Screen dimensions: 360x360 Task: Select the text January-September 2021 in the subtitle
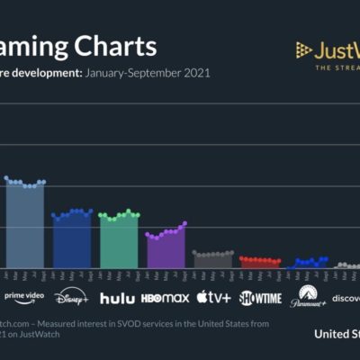pos(148,72)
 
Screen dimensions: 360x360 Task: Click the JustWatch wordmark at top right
pos(338,49)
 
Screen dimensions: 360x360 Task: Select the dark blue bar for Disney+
pos(72,241)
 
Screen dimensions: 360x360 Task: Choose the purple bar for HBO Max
pos(166,250)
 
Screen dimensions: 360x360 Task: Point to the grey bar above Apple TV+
pos(212,261)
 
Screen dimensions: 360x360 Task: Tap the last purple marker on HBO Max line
pos(184,223)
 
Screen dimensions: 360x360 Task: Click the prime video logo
pos(24,296)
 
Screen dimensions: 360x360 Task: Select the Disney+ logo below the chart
pos(72,297)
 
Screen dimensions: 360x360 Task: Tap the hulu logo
pos(117,298)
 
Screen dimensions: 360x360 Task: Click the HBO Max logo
pos(165,298)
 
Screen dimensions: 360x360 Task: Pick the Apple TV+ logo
pos(213,297)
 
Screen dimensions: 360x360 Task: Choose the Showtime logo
pos(260,298)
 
